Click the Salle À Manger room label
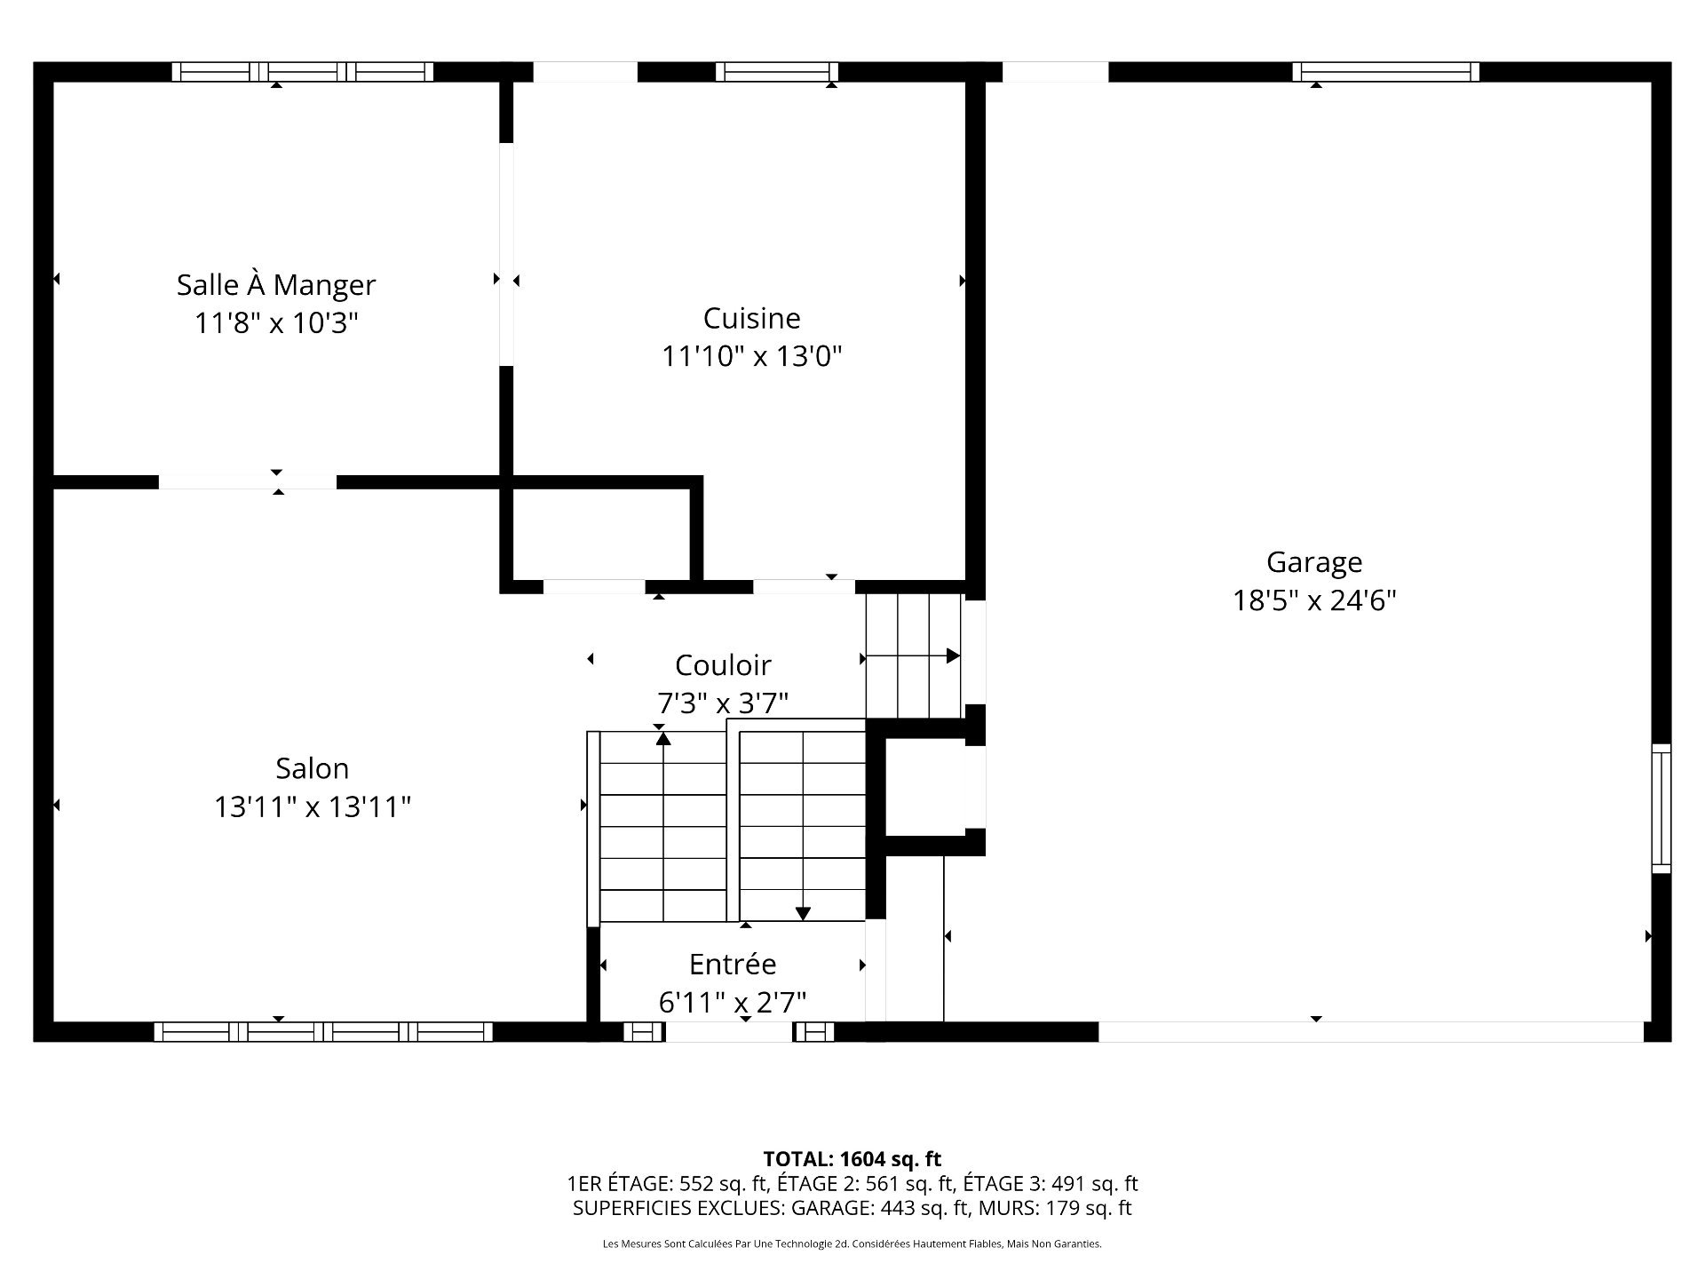click(x=276, y=285)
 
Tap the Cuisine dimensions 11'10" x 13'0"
click(x=751, y=356)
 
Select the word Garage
click(x=1313, y=562)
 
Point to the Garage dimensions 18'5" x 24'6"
click(x=1313, y=601)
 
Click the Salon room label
click(x=312, y=768)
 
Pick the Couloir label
click(x=723, y=665)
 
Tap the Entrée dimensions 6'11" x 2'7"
click(x=733, y=1003)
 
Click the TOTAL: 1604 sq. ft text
click(x=852, y=1159)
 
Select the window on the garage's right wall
click(x=1661, y=808)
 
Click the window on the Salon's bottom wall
click(x=323, y=1031)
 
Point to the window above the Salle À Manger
click(x=302, y=72)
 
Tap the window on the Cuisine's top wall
click(x=777, y=72)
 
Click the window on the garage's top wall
click(x=1385, y=72)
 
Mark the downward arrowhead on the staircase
click(x=803, y=913)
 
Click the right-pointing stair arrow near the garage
click(x=952, y=656)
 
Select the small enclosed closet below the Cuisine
click(x=600, y=533)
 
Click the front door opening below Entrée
click(x=728, y=1031)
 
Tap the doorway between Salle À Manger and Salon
click(x=247, y=482)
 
